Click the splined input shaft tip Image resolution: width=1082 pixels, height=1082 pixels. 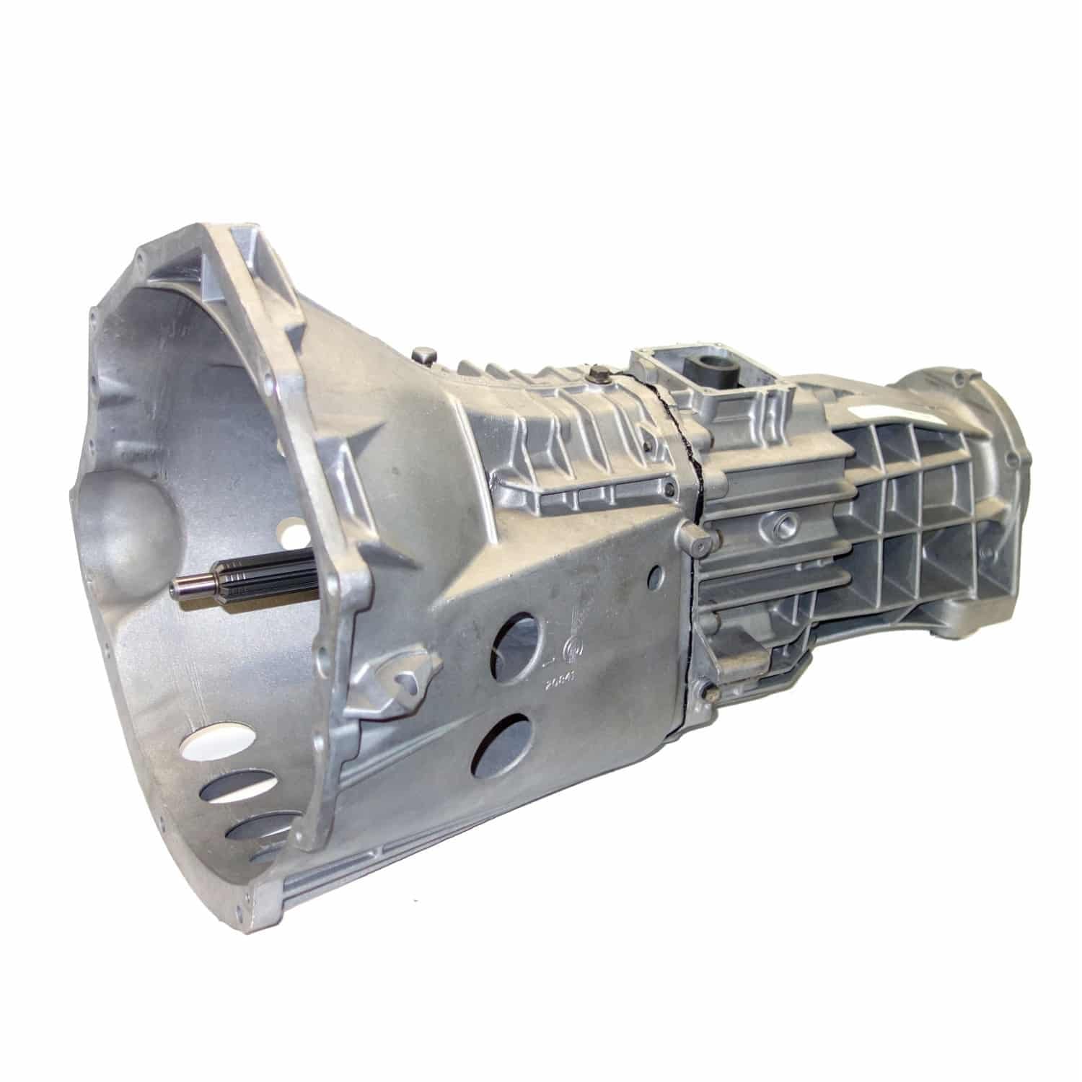[180, 586]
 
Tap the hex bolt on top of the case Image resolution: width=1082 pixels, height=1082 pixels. [597, 374]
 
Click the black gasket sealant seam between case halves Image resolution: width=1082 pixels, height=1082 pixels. [689, 505]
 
